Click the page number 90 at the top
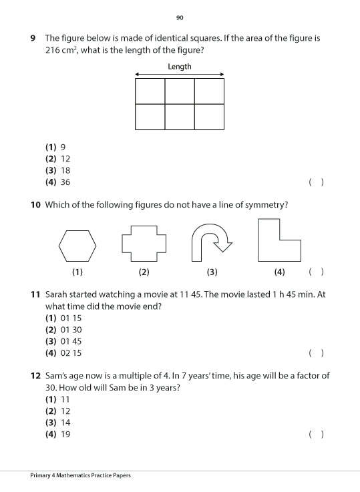(180, 17)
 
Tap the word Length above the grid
(180, 67)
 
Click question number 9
(33, 38)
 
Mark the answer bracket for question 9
(317, 182)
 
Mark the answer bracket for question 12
(317, 435)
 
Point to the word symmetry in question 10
(267, 205)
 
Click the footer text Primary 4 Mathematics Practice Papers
(80, 475)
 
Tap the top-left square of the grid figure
(150, 91)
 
